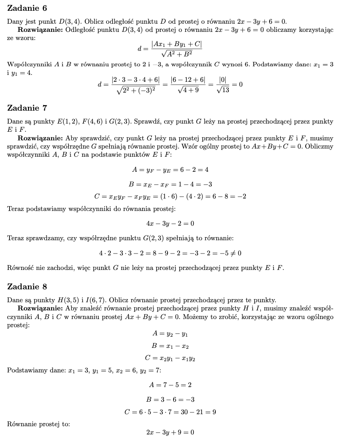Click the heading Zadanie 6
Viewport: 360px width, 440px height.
[27, 8]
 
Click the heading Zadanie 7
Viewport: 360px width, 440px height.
[27, 108]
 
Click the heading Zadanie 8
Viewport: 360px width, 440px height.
[27, 286]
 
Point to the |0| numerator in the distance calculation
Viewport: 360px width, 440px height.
[222, 80]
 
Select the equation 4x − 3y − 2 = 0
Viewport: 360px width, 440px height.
[170, 223]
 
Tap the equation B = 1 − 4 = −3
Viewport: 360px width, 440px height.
[170, 184]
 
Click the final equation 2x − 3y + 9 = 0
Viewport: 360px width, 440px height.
[170, 432]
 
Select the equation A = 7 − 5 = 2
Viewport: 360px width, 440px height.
[170, 384]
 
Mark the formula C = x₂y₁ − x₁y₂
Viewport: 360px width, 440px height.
[170, 358]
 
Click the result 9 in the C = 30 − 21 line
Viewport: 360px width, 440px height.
[214, 412]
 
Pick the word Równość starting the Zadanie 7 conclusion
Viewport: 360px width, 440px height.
[21, 268]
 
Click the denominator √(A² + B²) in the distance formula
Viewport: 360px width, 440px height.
[176, 54]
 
